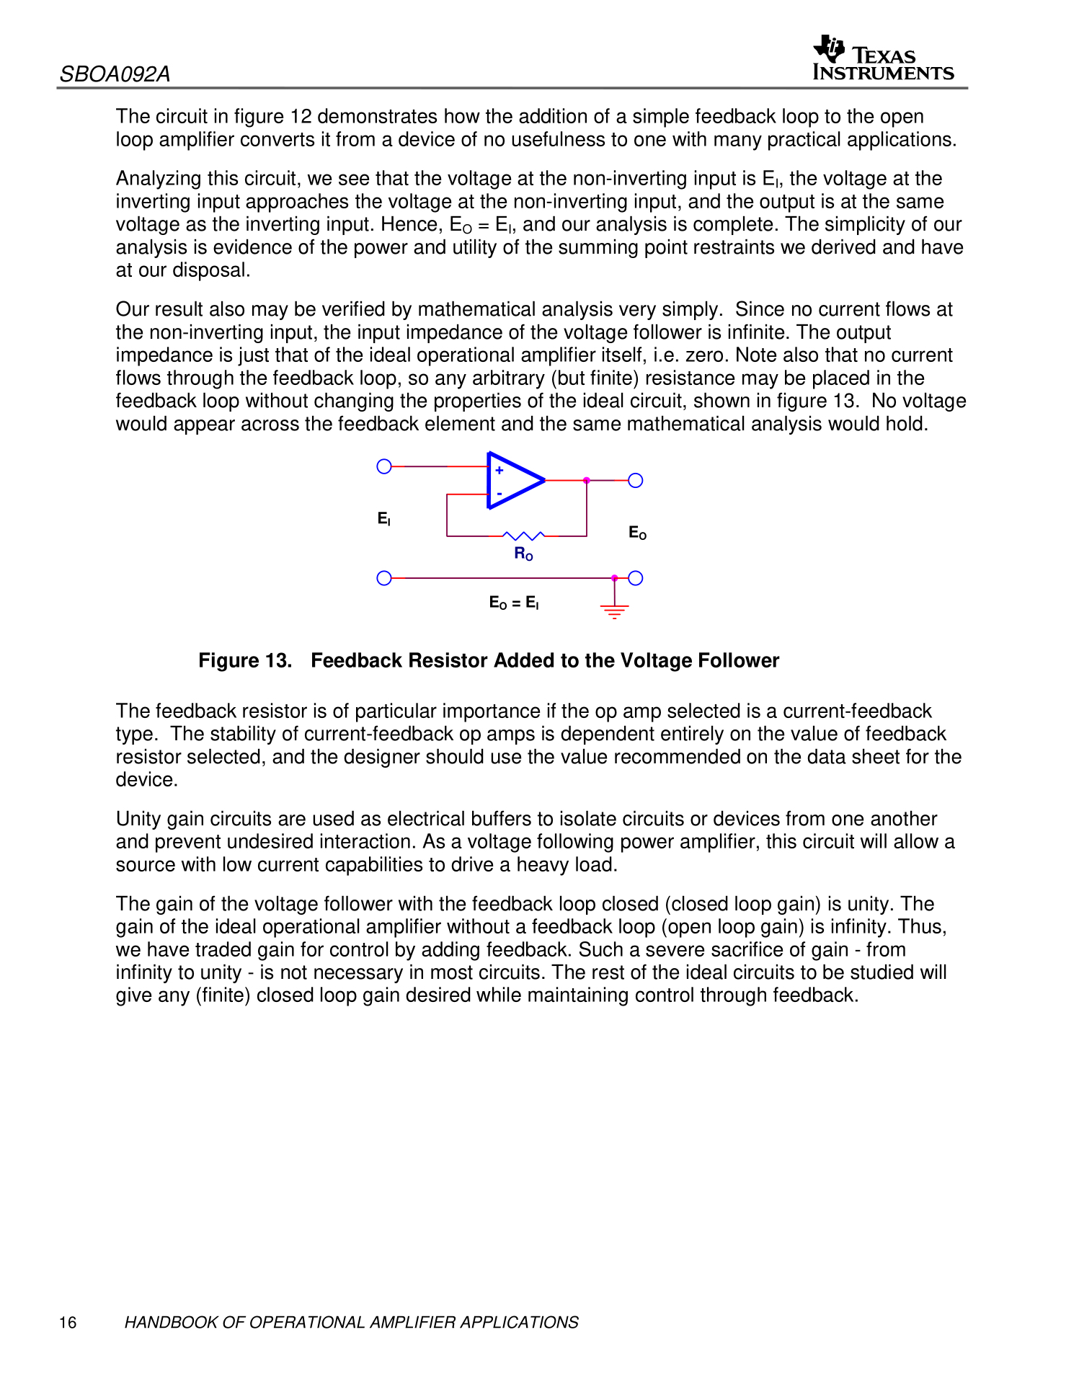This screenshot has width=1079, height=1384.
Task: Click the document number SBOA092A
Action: coord(115,74)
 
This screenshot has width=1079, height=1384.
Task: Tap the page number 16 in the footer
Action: coord(68,1322)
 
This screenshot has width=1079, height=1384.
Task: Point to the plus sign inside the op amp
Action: coord(499,470)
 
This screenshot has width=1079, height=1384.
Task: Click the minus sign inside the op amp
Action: coord(499,494)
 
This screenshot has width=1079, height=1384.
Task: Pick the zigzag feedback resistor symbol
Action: coord(524,536)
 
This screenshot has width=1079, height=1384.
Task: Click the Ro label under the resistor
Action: coord(523,554)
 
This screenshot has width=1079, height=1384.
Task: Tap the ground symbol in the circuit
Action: coord(614,611)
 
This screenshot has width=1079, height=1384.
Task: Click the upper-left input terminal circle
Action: coord(384,466)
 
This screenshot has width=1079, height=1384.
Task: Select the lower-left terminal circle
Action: coord(384,578)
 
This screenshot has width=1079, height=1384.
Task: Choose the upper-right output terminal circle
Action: coord(636,480)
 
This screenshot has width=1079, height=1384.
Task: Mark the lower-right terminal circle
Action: coord(636,578)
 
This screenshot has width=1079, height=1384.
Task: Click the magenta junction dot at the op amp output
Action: coord(587,480)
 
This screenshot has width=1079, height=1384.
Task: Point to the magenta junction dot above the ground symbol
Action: coord(614,578)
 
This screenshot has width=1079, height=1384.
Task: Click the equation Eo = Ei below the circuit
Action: coord(514,603)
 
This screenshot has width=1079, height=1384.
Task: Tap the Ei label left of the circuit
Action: coord(383,518)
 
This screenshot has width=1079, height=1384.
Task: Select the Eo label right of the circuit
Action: coord(637,533)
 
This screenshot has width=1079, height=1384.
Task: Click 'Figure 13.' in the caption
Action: coord(245,660)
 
